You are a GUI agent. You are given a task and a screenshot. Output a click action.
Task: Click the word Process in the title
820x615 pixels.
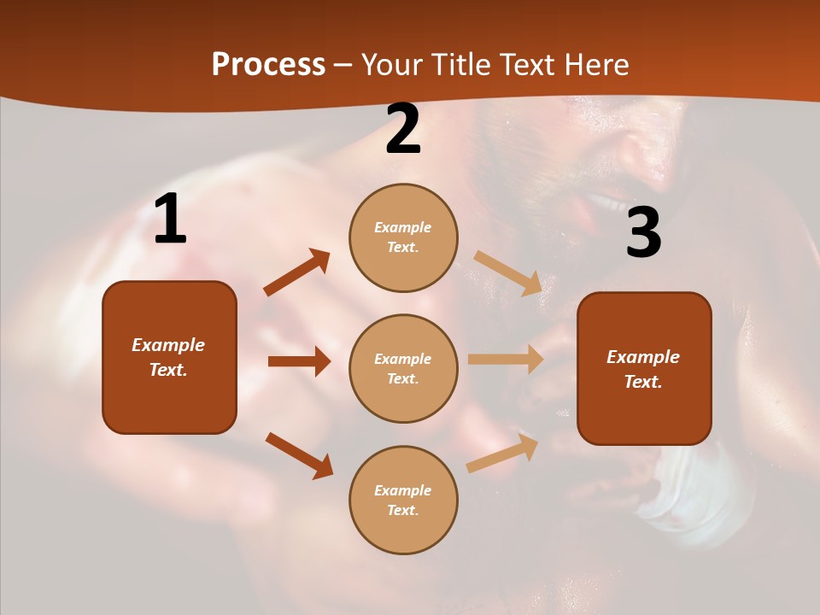click(x=268, y=65)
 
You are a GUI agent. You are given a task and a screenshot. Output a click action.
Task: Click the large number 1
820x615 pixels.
click(x=170, y=220)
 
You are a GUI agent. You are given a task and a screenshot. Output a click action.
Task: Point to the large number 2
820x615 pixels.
click(x=403, y=129)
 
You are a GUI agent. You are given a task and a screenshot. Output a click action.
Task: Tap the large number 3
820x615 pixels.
click(x=643, y=233)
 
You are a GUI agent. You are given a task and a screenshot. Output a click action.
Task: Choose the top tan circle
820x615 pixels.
click(x=403, y=237)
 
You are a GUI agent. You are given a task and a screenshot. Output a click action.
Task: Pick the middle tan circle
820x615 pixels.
click(x=403, y=368)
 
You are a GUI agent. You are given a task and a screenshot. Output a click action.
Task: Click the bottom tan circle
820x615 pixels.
click(x=403, y=500)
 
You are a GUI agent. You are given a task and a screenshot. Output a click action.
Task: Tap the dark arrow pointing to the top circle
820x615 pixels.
click(x=296, y=272)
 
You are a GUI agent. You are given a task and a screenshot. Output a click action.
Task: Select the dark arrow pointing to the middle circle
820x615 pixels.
click(x=299, y=361)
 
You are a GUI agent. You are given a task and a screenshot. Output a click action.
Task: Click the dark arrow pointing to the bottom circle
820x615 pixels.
click(x=299, y=455)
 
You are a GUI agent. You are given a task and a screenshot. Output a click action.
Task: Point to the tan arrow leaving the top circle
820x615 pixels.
click(x=507, y=272)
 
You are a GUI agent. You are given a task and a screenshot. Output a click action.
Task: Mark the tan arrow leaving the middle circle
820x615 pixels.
click(x=506, y=360)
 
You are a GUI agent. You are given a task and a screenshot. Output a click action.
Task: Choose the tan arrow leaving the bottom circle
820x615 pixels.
click(x=502, y=454)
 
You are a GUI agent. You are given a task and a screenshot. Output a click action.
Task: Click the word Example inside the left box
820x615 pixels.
click(x=168, y=345)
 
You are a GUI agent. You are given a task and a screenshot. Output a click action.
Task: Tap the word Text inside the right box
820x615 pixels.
click(x=642, y=382)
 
